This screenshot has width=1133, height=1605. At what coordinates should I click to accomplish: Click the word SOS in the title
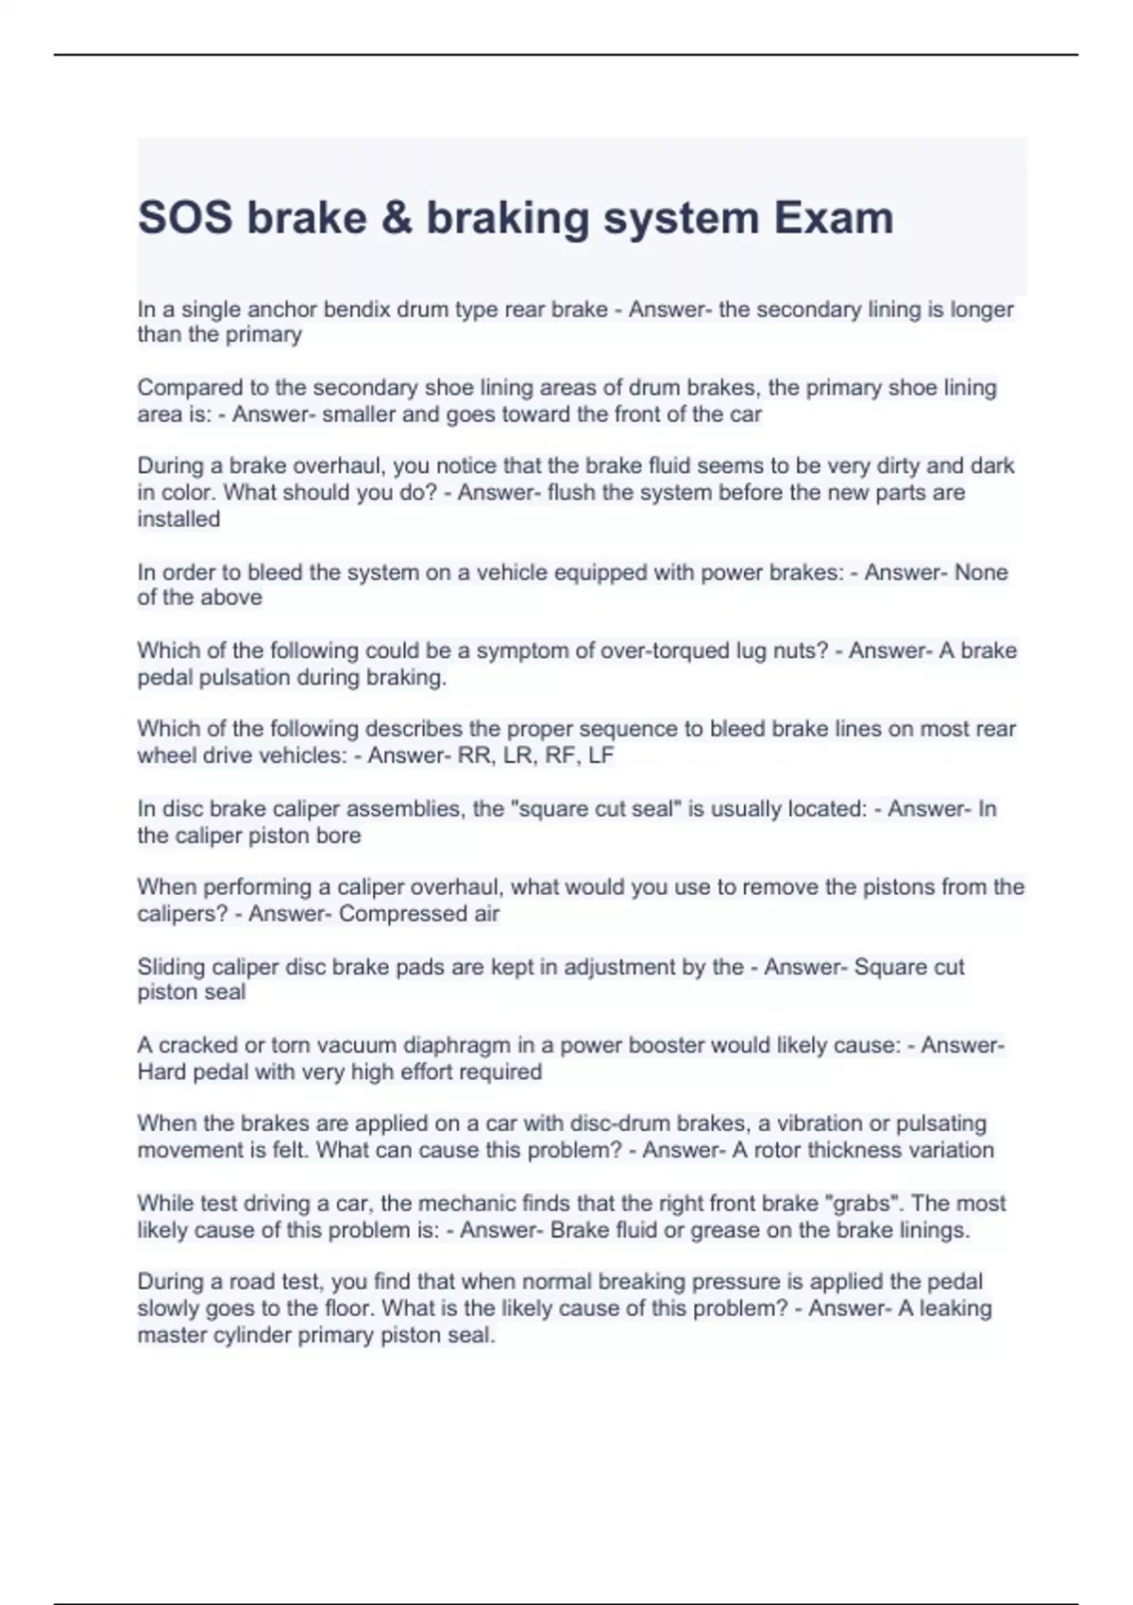point(185,218)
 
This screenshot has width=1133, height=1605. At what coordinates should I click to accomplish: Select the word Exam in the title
point(834,218)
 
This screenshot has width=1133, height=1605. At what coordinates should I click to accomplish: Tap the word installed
point(178,518)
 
